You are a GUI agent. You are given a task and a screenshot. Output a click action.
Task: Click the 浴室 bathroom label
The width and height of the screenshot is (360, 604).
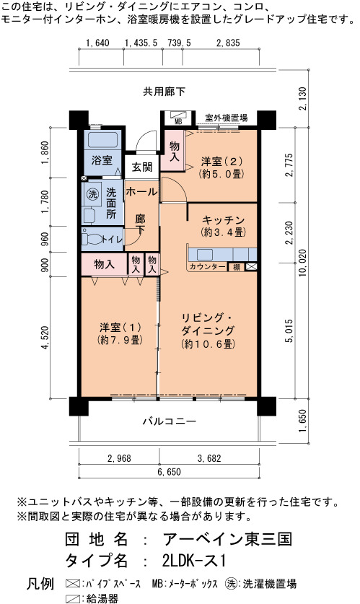[102, 160]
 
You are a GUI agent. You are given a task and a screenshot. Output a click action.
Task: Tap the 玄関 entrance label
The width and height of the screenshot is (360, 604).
[142, 167]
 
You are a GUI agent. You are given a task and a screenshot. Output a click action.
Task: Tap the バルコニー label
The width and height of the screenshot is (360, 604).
[170, 421]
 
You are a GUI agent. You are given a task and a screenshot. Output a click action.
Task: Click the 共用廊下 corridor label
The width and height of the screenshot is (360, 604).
[164, 92]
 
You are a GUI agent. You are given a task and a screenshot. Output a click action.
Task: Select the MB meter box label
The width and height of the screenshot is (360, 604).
[178, 122]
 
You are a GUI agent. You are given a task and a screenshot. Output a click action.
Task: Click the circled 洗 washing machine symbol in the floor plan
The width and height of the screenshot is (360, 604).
[92, 194]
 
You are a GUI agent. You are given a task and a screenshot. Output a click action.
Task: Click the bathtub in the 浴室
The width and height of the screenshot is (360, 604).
[102, 140]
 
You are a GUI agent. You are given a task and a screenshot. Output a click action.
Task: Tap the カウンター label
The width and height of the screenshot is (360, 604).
[208, 266]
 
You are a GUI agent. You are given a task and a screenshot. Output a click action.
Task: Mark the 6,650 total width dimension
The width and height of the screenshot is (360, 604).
[169, 471]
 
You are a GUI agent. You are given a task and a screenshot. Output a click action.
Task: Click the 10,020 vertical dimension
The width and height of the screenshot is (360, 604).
[302, 263]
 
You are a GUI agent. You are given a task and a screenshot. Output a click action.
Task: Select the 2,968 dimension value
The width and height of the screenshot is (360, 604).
[119, 458]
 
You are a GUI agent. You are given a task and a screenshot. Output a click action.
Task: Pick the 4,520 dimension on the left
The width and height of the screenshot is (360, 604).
[45, 338]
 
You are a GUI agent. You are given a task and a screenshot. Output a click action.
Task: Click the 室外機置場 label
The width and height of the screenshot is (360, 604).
[226, 118]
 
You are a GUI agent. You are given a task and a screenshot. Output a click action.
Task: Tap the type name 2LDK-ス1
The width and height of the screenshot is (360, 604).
[193, 561]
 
